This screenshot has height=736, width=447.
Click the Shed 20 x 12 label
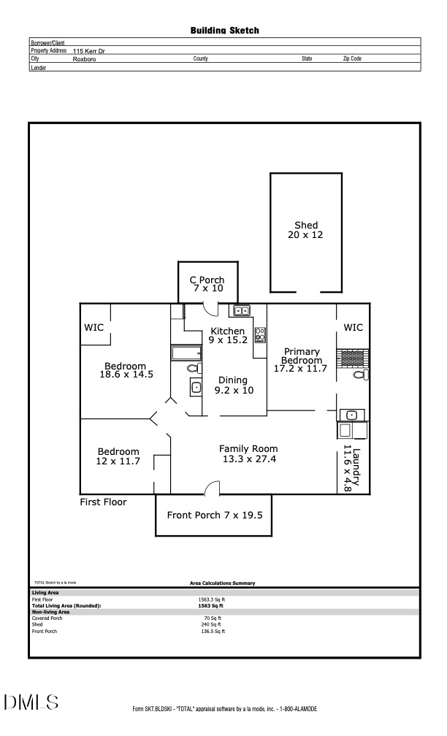coord(306,230)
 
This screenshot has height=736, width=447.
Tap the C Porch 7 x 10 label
coord(207,284)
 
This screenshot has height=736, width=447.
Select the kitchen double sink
coord(241,311)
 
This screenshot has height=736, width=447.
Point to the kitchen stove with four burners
coord(260,335)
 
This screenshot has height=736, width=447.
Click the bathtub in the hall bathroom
coord(186,353)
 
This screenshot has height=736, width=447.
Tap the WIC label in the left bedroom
coord(94,327)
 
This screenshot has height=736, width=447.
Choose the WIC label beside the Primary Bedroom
coord(353,328)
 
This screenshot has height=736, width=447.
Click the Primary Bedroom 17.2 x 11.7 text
coord(301,361)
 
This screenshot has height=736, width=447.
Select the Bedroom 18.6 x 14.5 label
coord(126,370)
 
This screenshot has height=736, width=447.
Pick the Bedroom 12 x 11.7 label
coord(118,456)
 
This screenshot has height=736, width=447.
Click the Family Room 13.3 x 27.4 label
coord(248,453)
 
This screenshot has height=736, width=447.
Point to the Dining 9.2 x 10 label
coord(233,385)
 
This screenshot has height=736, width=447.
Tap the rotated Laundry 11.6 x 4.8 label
coord(353,467)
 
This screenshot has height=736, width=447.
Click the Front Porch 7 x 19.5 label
coord(215,515)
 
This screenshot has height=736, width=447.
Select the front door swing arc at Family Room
coord(211,488)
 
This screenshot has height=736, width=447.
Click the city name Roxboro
coord(84,58)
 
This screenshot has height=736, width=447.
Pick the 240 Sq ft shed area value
coord(211,624)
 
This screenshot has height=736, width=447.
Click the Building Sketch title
coord(224,31)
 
